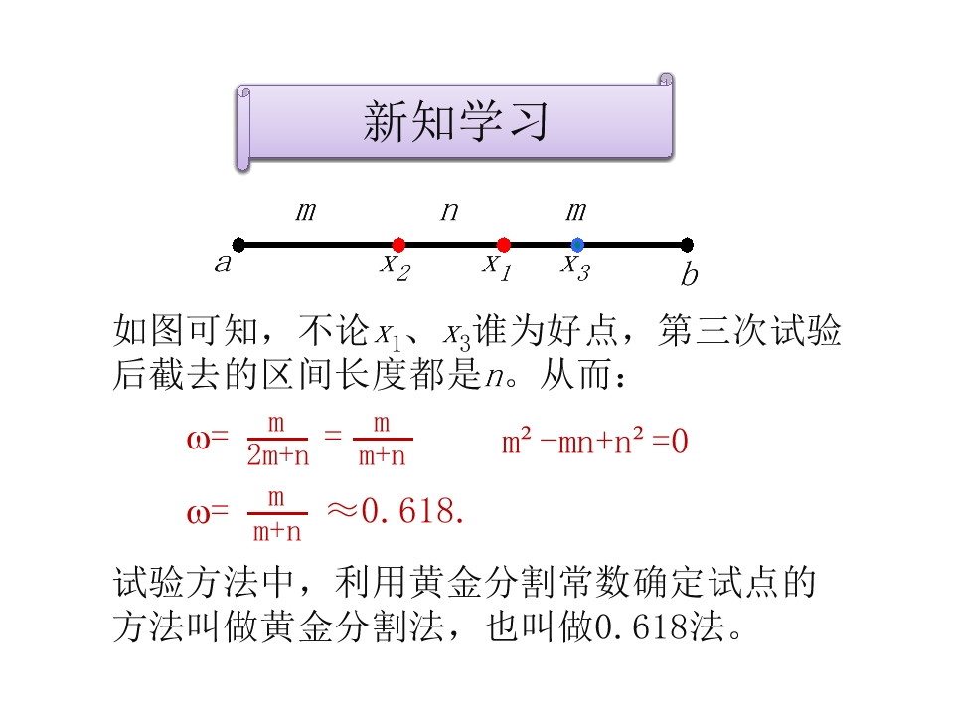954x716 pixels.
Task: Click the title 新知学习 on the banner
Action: [x=456, y=121]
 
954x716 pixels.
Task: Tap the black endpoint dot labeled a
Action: [x=239, y=245]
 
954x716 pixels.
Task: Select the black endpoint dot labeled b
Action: [x=687, y=245]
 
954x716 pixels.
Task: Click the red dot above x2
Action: [x=398, y=245]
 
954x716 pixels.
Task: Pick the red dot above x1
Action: [x=504, y=245]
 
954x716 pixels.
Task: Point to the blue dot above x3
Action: [x=578, y=245]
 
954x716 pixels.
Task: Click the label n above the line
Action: [x=449, y=211]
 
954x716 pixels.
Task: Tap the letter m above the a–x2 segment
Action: [x=306, y=211]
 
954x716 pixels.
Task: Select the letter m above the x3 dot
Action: [x=576, y=211]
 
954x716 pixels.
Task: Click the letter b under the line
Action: [x=690, y=273]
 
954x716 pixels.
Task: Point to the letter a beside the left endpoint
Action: [x=224, y=263]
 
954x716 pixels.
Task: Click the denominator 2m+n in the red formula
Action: [x=278, y=456]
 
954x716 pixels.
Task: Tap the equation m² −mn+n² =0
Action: [x=594, y=441]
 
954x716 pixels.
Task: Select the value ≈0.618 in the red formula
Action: [x=396, y=510]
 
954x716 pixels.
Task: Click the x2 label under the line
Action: [x=396, y=268]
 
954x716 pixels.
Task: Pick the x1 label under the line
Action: [x=497, y=268]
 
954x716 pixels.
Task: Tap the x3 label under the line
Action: [x=575, y=268]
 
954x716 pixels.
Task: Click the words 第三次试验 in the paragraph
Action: [x=749, y=330]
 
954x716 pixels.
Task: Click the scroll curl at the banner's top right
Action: [x=666, y=80]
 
